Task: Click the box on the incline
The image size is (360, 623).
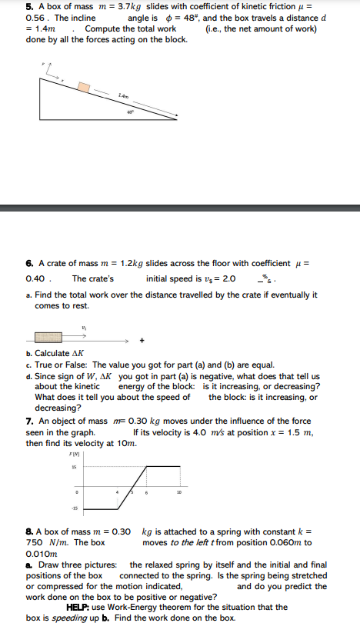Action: [83, 85]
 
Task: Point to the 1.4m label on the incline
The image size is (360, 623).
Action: [124, 95]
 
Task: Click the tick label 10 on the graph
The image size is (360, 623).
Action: [177, 491]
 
